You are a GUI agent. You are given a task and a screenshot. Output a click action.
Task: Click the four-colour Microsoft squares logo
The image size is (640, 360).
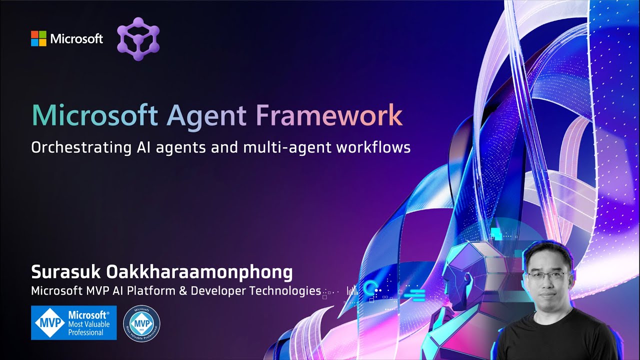(38, 38)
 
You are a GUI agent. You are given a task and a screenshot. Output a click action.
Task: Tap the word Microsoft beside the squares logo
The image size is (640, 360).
(76, 38)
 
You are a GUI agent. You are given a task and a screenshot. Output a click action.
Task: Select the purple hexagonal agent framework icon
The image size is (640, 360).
(138, 38)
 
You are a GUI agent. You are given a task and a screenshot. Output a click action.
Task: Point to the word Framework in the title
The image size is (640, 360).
(329, 115)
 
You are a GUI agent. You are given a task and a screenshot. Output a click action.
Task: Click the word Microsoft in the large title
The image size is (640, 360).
(94, 115)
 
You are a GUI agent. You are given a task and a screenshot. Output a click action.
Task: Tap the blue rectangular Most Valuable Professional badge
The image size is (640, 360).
(73, 323)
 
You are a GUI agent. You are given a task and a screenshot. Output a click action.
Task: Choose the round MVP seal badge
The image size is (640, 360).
(141, 323)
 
